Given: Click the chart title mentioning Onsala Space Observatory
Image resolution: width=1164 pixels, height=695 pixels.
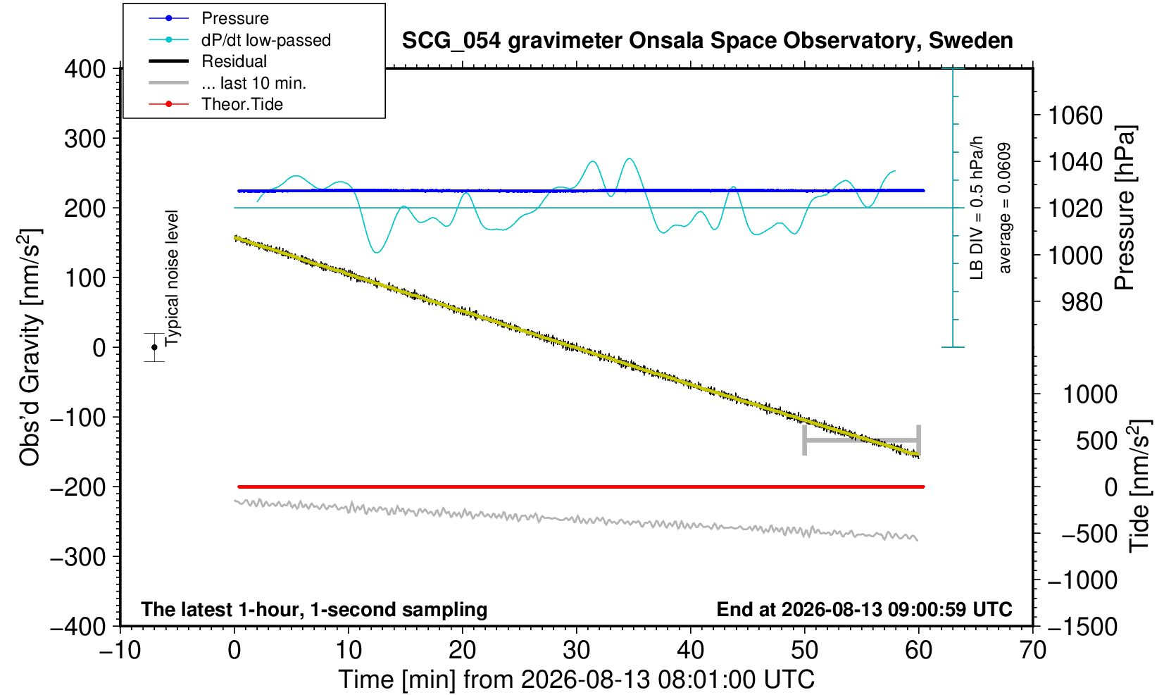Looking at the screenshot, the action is click(707, 41).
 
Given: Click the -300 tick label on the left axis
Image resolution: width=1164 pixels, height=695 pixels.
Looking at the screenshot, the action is click(78, 557).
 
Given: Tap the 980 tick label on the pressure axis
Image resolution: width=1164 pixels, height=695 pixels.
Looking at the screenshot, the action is click(1082, 302).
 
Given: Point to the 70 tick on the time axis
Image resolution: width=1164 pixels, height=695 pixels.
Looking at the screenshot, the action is click(1032, 651).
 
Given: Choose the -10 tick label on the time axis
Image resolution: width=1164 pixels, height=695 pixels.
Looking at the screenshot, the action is click(120, 651).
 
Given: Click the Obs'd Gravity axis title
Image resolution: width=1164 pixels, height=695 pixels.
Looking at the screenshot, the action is click(30, 348).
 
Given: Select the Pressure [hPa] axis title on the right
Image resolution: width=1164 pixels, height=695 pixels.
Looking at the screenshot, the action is click(1125, 208).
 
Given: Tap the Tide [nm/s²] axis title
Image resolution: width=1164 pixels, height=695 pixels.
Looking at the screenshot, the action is click(1140, 487).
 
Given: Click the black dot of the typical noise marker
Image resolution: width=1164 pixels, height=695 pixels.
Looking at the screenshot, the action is click(154, 347).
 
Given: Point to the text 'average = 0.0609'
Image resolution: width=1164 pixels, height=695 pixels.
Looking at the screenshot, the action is click(1005, 208).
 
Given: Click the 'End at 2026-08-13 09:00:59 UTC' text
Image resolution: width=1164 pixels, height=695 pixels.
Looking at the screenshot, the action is click(864, 609).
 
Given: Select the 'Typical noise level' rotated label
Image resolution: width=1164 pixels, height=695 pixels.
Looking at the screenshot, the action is click(172, 279).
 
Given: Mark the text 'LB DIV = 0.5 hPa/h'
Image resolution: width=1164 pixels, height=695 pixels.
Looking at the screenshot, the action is click(977, 208).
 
